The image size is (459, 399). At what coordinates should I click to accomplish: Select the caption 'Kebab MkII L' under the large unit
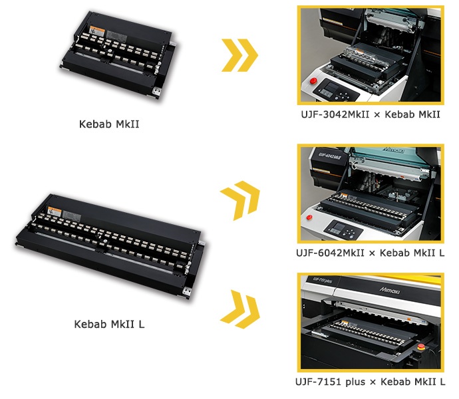coord(108,325)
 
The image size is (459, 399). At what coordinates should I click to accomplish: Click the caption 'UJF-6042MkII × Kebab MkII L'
coord(371,253)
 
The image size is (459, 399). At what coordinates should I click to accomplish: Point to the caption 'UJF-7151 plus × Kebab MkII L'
coord(371,381)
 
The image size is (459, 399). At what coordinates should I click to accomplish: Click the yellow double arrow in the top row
coord(239,55)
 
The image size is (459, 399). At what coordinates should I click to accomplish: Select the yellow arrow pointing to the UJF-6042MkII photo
coord(240,198)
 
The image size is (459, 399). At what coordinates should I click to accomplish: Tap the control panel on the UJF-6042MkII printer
coord(347,230)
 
